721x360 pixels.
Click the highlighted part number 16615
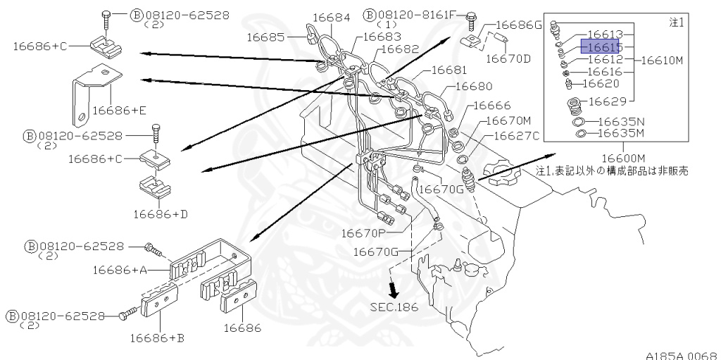click(599, 46)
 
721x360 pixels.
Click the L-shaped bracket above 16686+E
click(92, 87)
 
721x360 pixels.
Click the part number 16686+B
click(157, 337)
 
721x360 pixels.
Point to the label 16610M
click(662, 61)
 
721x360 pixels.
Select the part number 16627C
click(516, 135)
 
